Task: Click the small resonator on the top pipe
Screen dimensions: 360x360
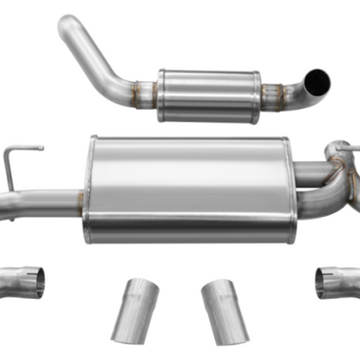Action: pos(209,94)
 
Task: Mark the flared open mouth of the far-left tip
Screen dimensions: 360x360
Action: pos(36,282)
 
